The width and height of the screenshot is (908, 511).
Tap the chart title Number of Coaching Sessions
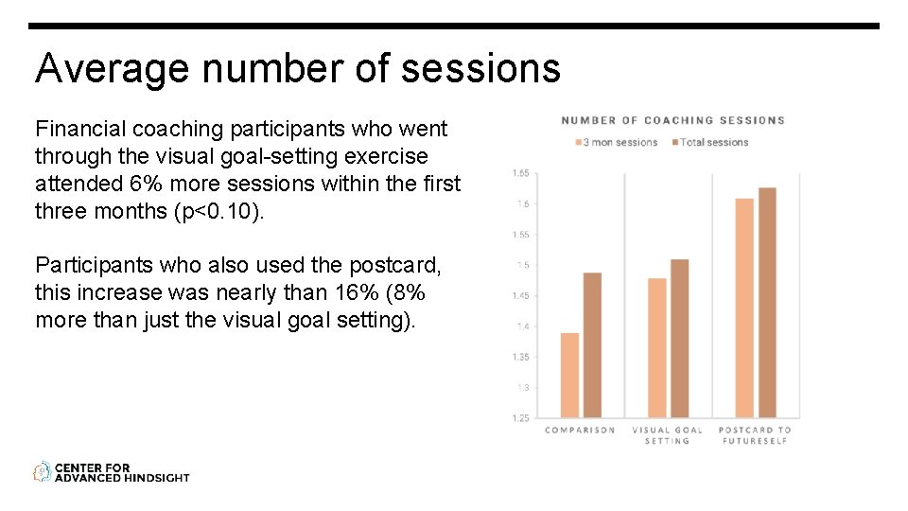point(672,120)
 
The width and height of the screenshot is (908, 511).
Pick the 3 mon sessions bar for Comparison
point(569,376)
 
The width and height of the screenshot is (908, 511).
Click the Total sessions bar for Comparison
point(592,345)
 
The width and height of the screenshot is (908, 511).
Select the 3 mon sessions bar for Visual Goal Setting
point(656,348)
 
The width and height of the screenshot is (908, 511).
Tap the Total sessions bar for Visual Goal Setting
point(679,339)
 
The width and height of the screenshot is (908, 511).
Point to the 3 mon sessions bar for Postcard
point(744,308)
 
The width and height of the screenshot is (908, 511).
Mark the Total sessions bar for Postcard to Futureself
point(767,303)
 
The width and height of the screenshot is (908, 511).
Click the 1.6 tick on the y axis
point(521,204)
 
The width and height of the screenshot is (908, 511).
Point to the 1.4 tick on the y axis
point(521,326)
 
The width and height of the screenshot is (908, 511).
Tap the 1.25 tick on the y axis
point(520,418)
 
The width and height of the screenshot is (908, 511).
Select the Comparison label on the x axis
point(580,431)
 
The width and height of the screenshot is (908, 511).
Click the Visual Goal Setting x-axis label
point(667,435)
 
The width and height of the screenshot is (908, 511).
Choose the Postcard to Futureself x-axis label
point(755,435)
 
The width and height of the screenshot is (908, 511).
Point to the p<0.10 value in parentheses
point(219,211)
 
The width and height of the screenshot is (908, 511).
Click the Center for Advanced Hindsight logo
point(112,472)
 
